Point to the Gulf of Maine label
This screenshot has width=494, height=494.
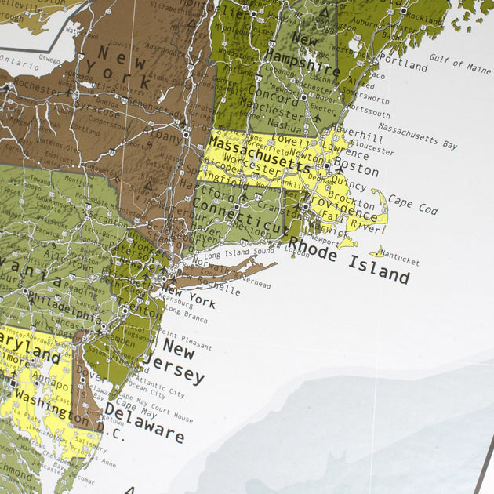[459, 64]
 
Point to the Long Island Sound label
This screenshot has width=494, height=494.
[239, 253]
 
